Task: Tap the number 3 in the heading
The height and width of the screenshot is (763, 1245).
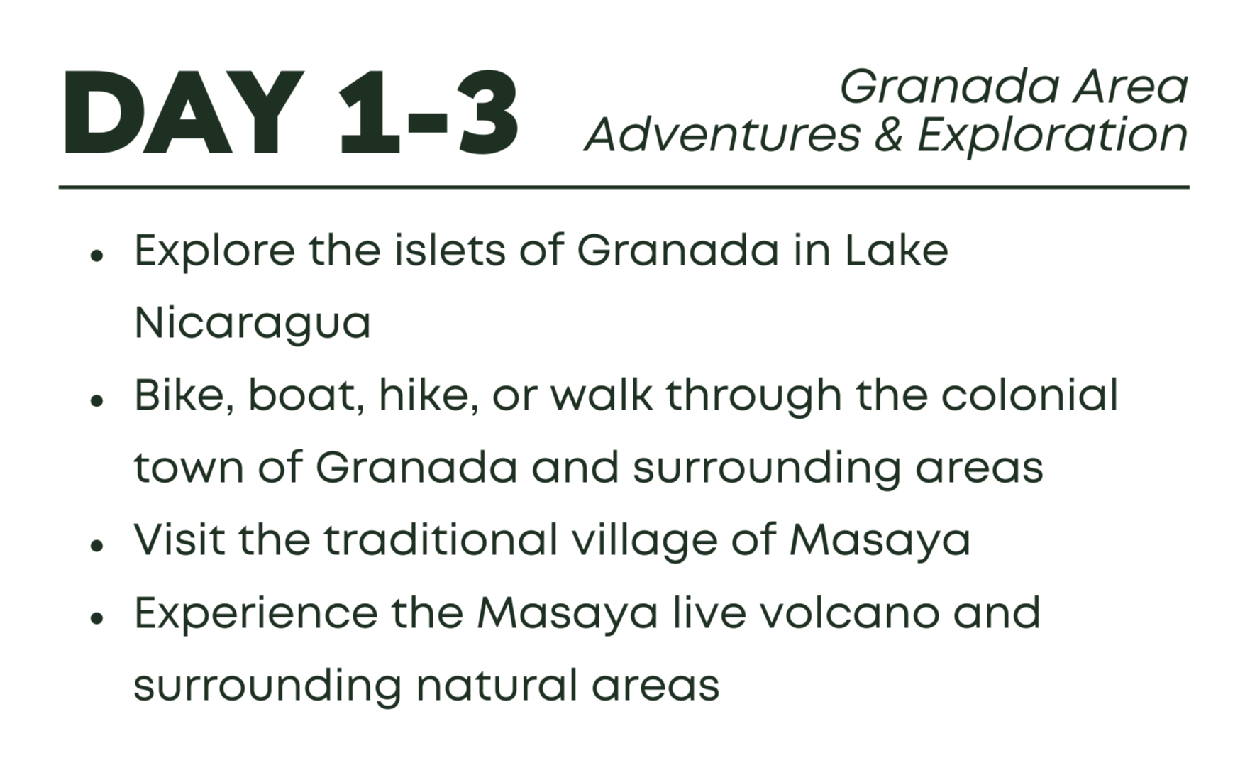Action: coord(489,112)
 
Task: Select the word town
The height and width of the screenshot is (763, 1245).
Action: coord(189,468)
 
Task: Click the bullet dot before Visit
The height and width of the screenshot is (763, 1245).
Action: coord(97,545)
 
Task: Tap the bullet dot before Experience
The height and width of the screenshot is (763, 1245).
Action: coord(97,617)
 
